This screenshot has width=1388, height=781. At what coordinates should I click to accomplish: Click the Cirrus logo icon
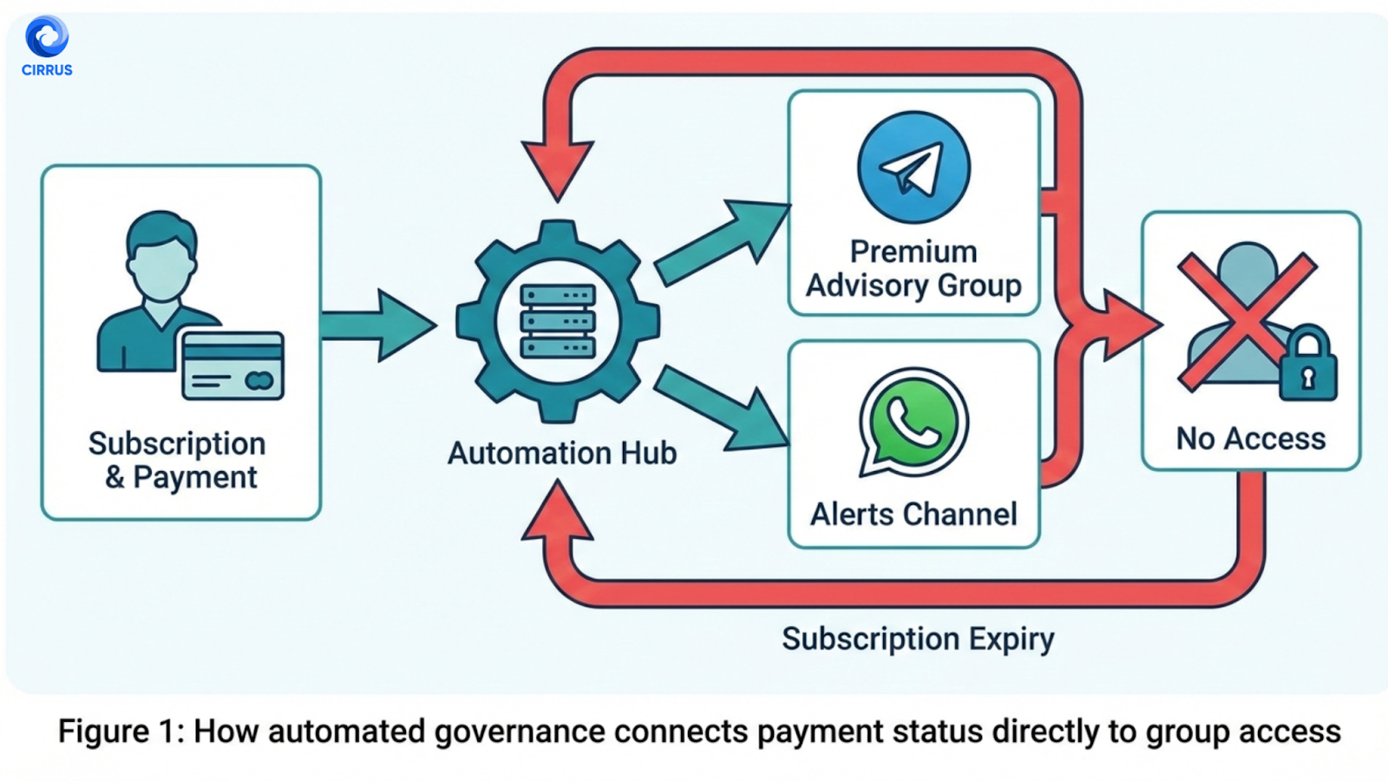click(x=47, y=36)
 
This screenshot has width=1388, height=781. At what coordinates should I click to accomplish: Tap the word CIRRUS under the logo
click(x=47, y=70)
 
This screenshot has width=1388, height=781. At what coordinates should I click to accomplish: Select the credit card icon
click(x=232, y=365)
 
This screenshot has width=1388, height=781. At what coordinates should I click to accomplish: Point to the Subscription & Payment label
click(x=178, y=460)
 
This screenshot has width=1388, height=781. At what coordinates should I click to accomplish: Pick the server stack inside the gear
click(x=558, y=321)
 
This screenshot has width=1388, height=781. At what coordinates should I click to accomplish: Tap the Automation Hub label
click(x=562, y=453)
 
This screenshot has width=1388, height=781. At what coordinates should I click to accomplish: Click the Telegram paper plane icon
click(x=913, y=167)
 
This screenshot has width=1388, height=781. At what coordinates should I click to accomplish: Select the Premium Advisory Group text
click(x=913, y=268)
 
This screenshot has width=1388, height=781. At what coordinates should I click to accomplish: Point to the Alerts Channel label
click(x=913, y=515)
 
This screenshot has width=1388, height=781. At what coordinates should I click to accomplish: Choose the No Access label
click(x=1250, y=439)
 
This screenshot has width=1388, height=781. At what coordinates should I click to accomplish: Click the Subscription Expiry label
click(x=918, y=640)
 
